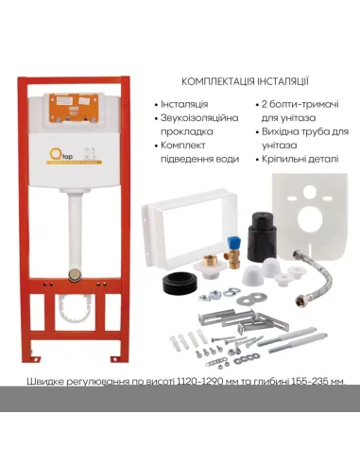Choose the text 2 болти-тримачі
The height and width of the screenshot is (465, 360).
tap(297, 103)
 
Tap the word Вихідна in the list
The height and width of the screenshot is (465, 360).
tap(286, 133)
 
